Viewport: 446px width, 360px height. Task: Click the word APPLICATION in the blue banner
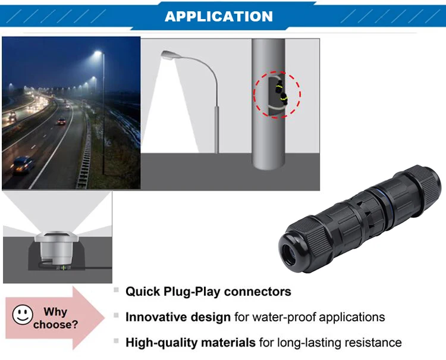pos(219,16)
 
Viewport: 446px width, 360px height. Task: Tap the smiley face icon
pos(23,315)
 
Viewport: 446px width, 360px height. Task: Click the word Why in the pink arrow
pos(56,312)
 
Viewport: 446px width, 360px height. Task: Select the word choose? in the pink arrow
pos(56,325)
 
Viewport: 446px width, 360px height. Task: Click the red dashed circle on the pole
pos(277,95)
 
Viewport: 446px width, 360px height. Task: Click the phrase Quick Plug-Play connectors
pos(208,292)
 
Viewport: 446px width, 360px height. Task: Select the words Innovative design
pos(178,317)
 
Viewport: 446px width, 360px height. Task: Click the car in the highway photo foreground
pos(22,164)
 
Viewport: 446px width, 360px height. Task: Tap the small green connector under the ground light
pos(63,269)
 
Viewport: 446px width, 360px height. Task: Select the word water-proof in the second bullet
pos(284,317)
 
